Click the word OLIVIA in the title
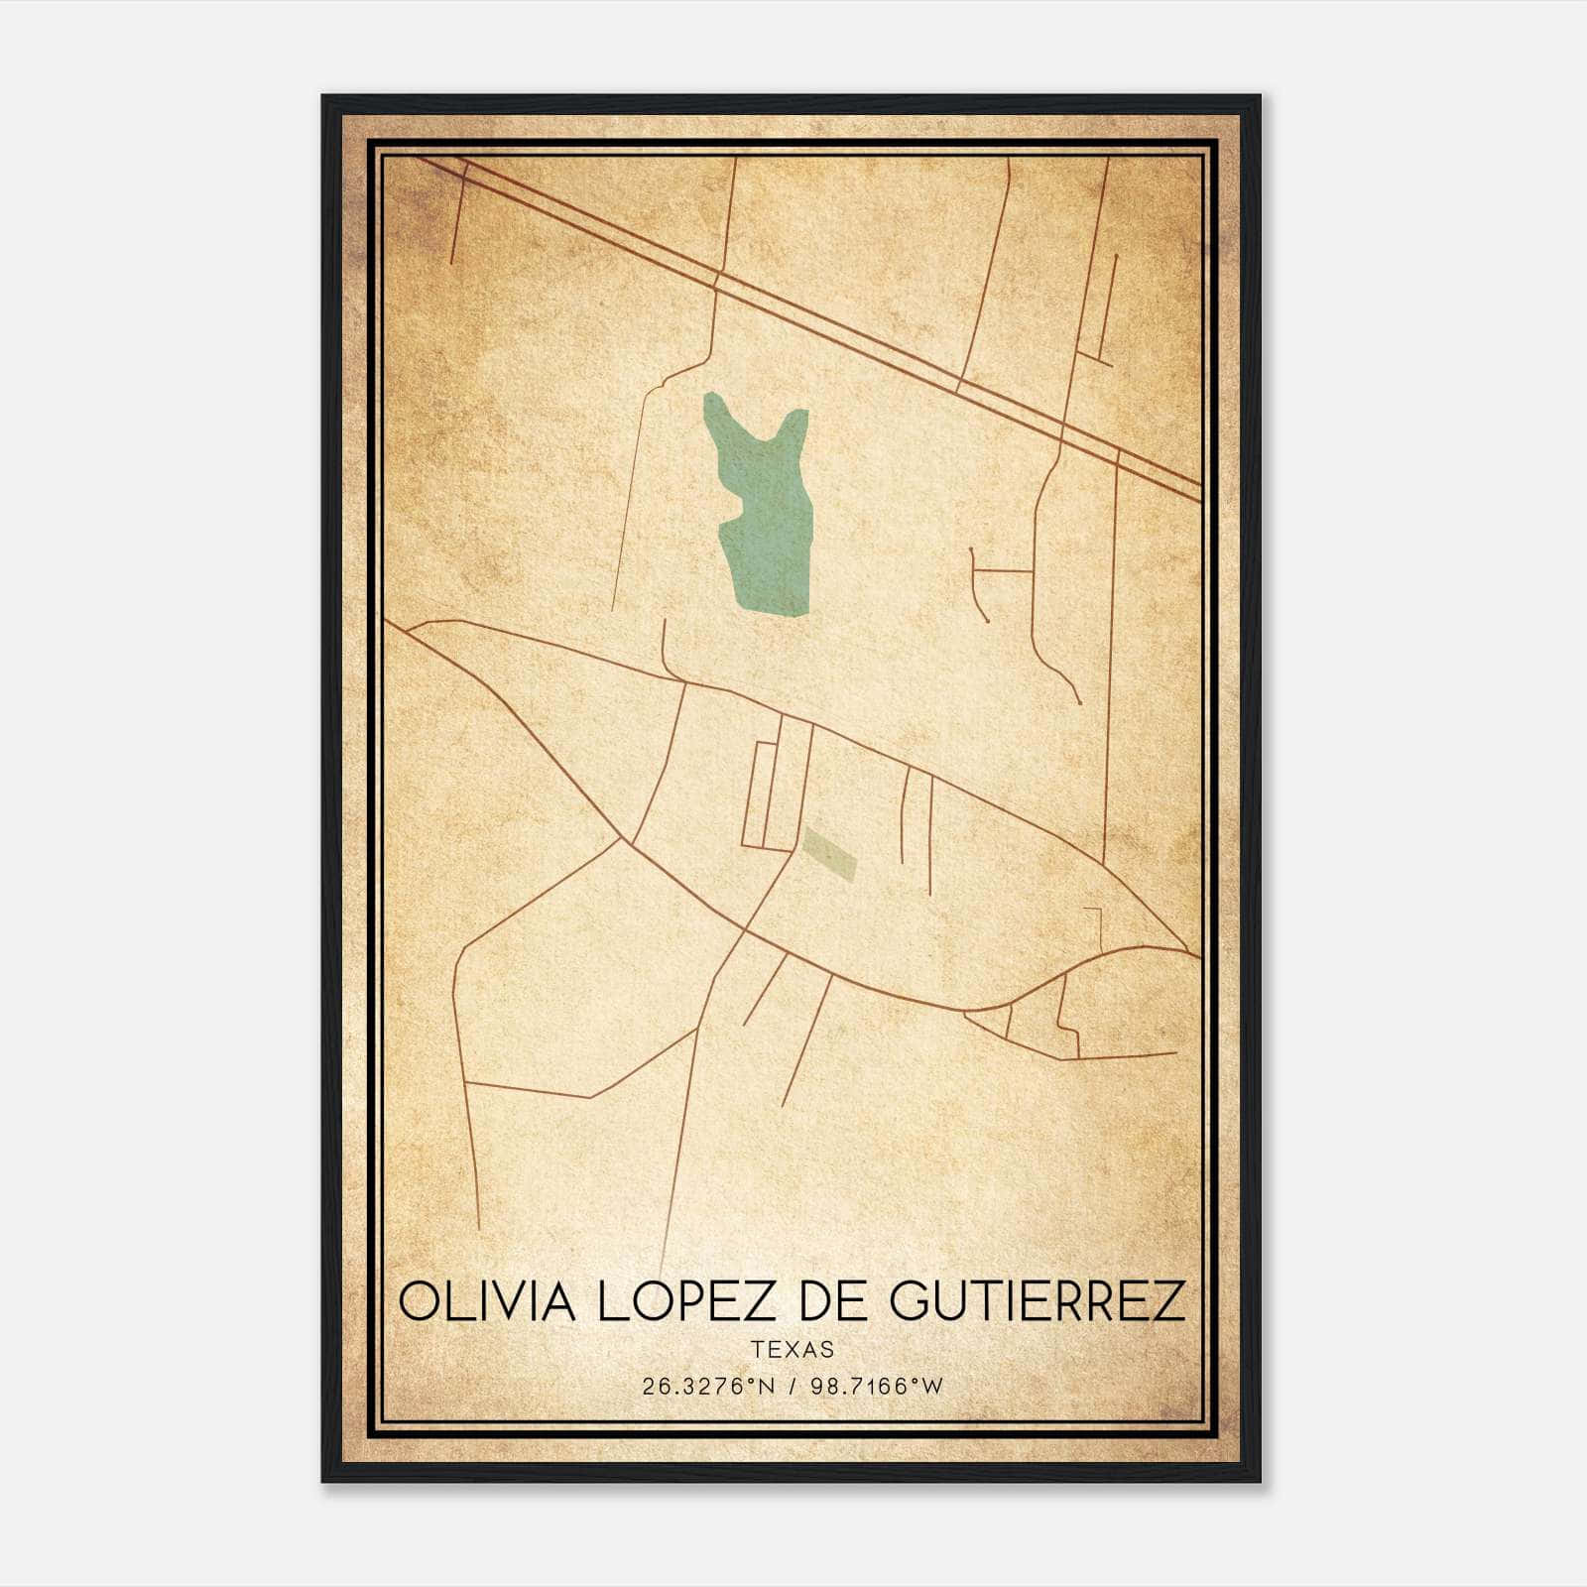pos(486,1301)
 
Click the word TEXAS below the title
pos(793,1350)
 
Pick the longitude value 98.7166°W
pos(876,1387)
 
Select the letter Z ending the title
pos(1168,1301)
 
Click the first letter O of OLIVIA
pos(420,1301)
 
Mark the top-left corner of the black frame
pos(323,97)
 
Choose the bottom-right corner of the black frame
pos(1259,1481)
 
